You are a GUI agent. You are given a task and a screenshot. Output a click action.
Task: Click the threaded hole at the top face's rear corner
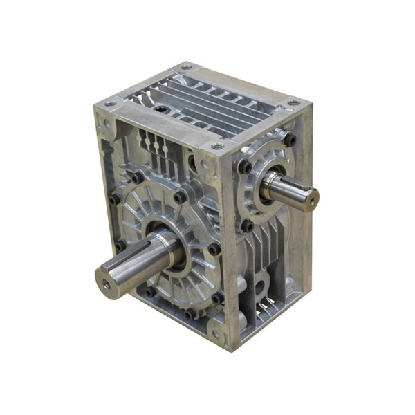click(x=187, y=68)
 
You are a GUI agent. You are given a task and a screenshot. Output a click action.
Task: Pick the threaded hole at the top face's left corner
click(x=109, y=104)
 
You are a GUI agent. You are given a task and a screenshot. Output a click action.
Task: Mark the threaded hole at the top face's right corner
click(x=294, y=102)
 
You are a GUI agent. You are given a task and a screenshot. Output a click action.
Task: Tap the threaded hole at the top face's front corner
click(x=217, y=147)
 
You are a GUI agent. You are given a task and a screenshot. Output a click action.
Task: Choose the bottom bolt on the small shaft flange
click(x=246, y=225)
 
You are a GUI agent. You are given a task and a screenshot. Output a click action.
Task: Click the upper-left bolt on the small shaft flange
click(x=245, y=166)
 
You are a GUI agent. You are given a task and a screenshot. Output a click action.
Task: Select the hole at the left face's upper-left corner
click(x=106, y=125)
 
